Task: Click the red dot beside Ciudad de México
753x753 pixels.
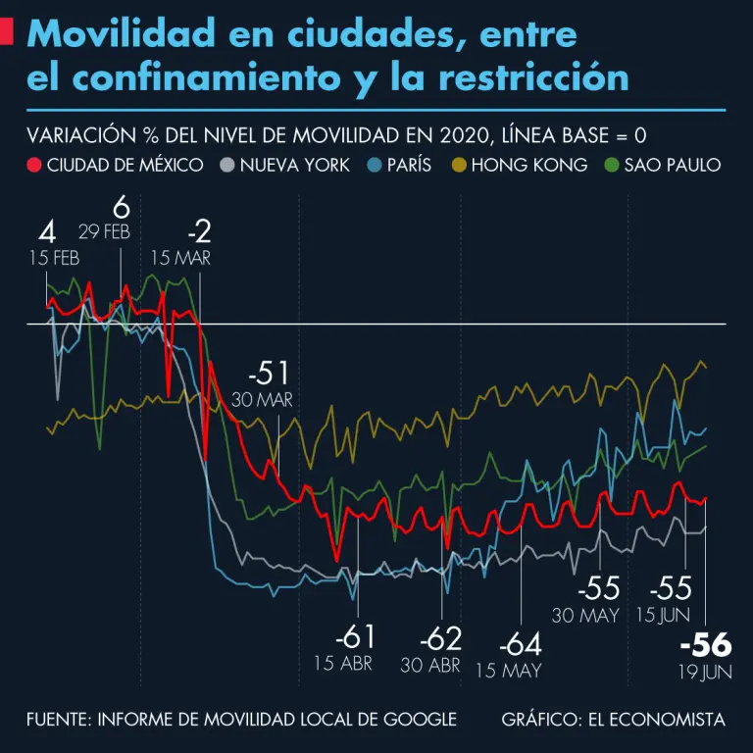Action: click(x=35, y=165)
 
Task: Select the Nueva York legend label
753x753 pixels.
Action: click(x=294, y=165)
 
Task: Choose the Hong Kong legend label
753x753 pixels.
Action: click(x=528, y=165)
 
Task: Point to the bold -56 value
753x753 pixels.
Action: click(x=705, y=645)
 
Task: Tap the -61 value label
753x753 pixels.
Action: click(x=355, y=637)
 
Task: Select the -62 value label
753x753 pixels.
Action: click(x=440, y=639)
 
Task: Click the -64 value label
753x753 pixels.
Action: click(x=520, y=646)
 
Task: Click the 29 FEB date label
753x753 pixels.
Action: click(x=104, y=231)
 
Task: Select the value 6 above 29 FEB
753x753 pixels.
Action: click(x=121, y=208)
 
